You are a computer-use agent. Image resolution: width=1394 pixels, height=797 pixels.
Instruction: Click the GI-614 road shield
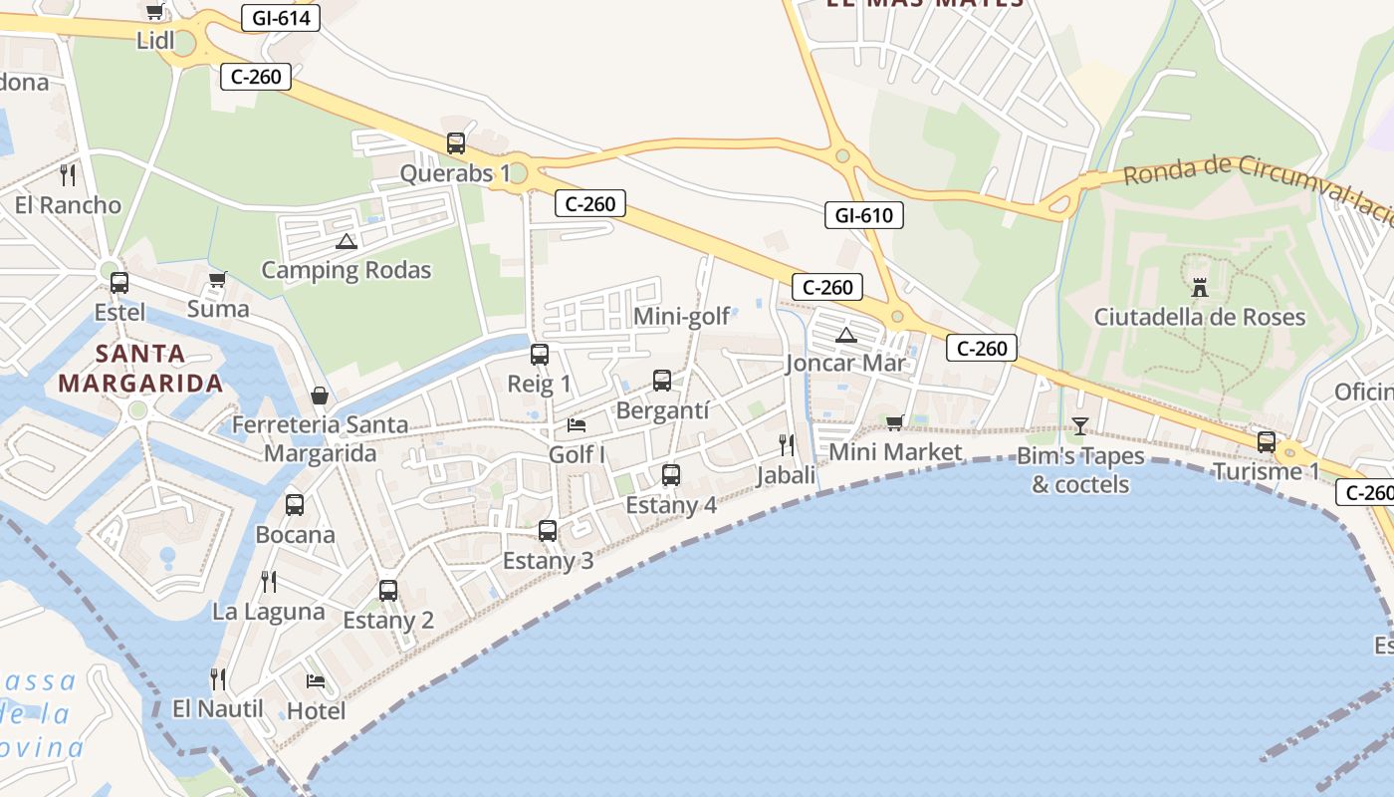[280, 17]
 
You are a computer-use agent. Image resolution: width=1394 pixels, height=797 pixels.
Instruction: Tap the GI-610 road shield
[863, 215]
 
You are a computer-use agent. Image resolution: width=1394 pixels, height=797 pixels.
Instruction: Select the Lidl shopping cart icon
[154, 12]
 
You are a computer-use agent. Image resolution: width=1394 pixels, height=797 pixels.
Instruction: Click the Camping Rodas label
[346, 270]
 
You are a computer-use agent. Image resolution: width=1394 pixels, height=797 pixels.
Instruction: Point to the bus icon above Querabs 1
[456, 142]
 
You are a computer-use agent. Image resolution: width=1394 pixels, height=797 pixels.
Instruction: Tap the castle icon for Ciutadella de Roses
[1200, 288]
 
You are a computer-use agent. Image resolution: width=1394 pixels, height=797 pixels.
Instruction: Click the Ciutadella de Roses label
[1199, 318]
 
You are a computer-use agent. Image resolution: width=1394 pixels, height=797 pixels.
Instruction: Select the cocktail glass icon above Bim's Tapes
[1080, 426]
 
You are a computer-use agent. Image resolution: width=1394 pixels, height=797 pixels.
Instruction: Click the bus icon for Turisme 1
[1267, 441]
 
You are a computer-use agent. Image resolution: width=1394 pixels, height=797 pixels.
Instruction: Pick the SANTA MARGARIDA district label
[140, 369]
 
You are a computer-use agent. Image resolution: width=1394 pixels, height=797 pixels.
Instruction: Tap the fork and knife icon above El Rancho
[68, 175]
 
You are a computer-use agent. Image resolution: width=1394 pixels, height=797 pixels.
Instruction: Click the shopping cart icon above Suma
[217, 280]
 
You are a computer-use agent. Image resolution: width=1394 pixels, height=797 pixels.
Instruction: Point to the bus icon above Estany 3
[548, 531]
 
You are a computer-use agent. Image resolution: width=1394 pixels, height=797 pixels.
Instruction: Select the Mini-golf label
[682, 318]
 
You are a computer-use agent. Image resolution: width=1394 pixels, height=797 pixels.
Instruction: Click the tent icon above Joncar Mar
[846, 335]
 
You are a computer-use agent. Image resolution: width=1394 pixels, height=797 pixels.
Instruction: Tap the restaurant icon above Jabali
[787, 444]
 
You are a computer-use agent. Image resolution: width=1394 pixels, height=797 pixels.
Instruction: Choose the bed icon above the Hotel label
[316, 681]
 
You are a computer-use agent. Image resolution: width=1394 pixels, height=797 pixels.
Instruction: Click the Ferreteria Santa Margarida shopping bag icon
[320, 396]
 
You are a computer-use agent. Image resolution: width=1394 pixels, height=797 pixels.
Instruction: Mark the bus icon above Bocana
[295, 504]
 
